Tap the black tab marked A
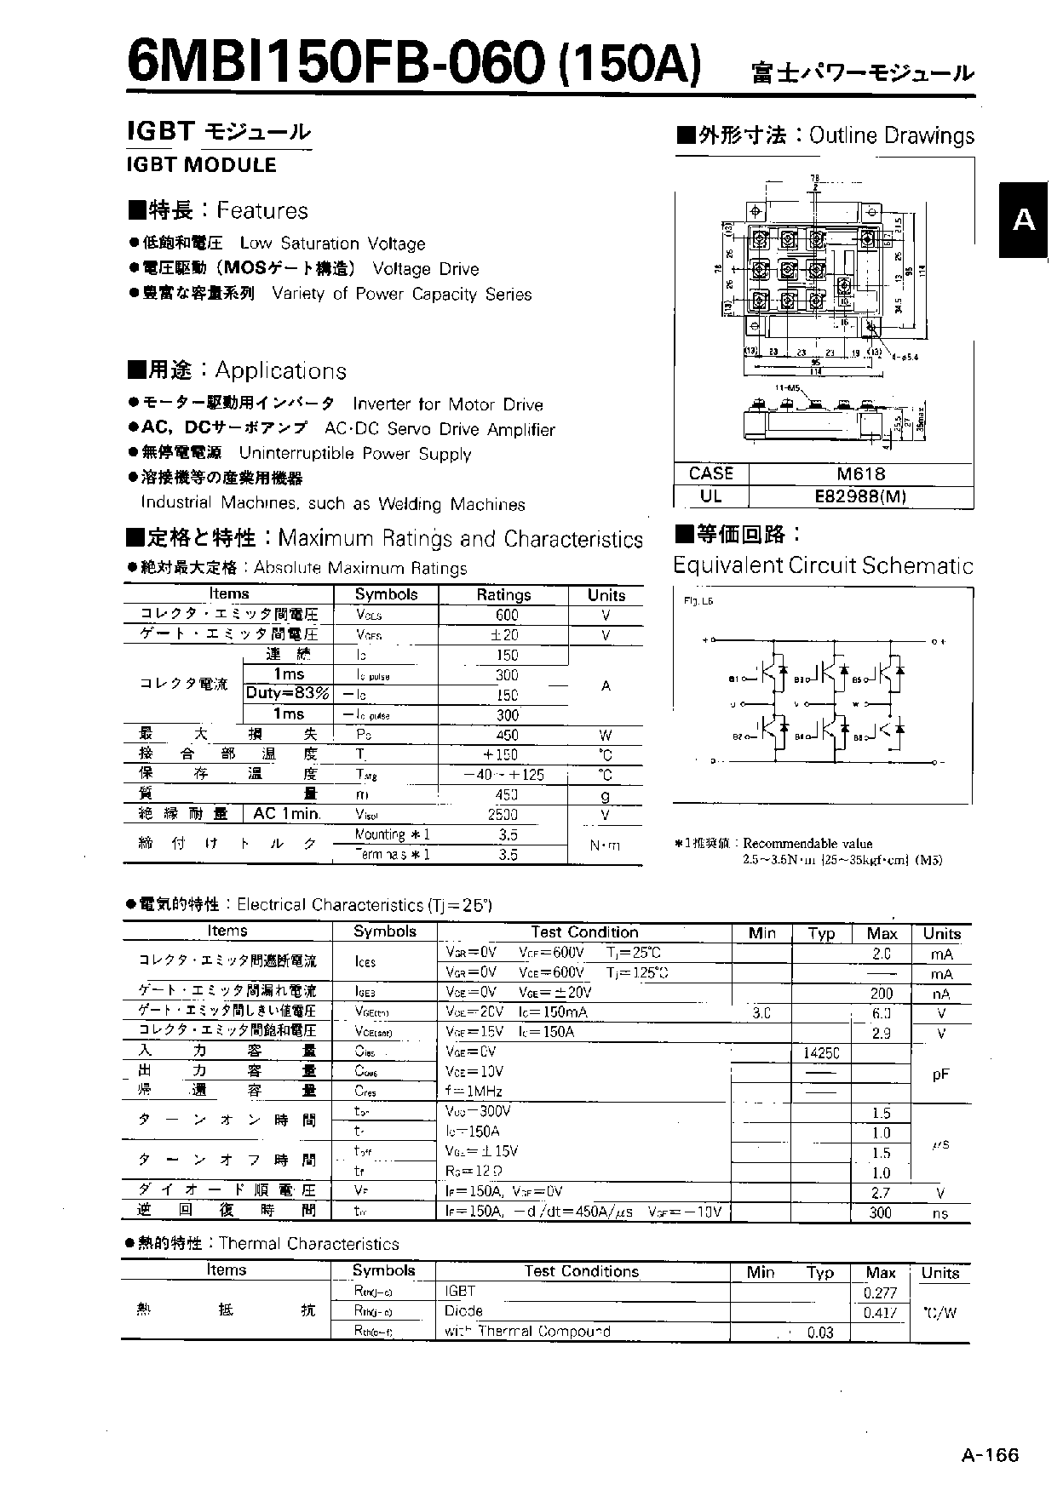coord(1024,220)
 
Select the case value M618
coord(860,474)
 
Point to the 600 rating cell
coord(506,615)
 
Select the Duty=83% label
coord(288,693)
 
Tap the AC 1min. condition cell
coord(287,814)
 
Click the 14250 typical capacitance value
coord(821,1053)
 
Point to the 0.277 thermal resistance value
coord(880,1292)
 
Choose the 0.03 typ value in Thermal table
coord(820,1332)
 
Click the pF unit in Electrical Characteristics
coord(939,1075)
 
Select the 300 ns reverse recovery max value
coord(880,1212)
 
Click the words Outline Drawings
coord(892,136)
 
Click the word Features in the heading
coord(262,211)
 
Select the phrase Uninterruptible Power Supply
coord(354,454)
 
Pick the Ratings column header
coord(503,594)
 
